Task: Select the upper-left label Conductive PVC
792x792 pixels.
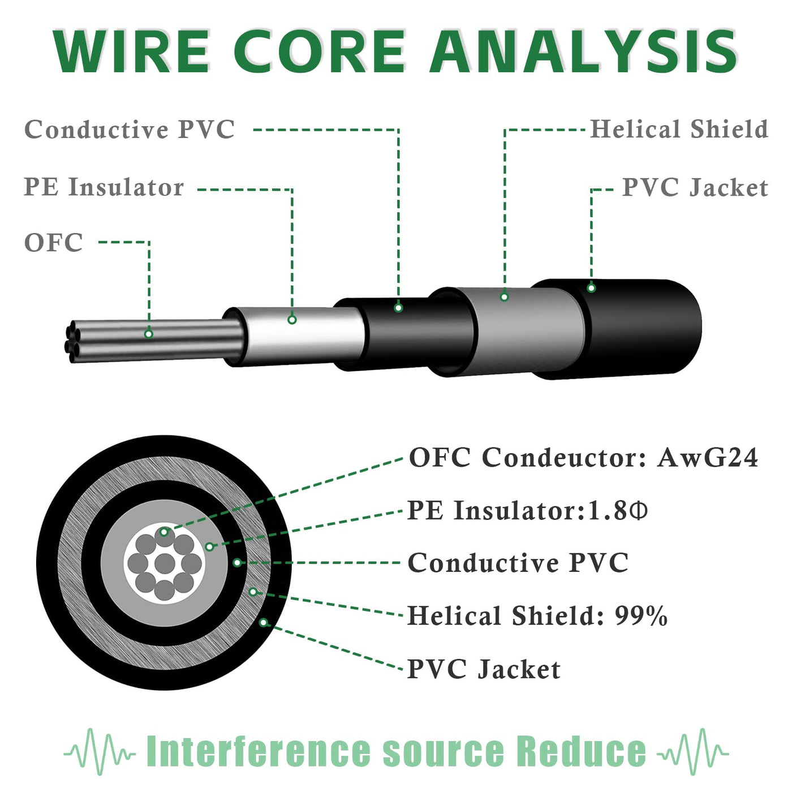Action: click(130, 130)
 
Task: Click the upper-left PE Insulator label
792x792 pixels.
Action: click(104, 187)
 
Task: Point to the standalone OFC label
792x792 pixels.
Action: click(54, 243)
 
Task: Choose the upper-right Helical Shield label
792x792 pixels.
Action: click(679, 130)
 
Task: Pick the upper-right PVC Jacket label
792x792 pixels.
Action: click(695, 187)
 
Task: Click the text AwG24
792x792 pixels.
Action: click(707, 458)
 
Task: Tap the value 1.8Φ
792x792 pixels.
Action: click(618, 511)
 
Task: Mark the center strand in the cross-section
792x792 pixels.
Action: click(165, 563)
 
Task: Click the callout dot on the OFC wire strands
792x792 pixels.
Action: click(149, 334)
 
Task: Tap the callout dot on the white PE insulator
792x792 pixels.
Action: click(292, 320)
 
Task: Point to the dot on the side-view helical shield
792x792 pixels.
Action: click(504, 296)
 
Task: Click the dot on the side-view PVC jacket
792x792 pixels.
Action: click(591, 288)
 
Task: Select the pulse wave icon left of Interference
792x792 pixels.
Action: click(100, 752)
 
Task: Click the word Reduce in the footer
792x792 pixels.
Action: click(581, 752)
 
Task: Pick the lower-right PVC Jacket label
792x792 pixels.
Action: click(484, 669)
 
